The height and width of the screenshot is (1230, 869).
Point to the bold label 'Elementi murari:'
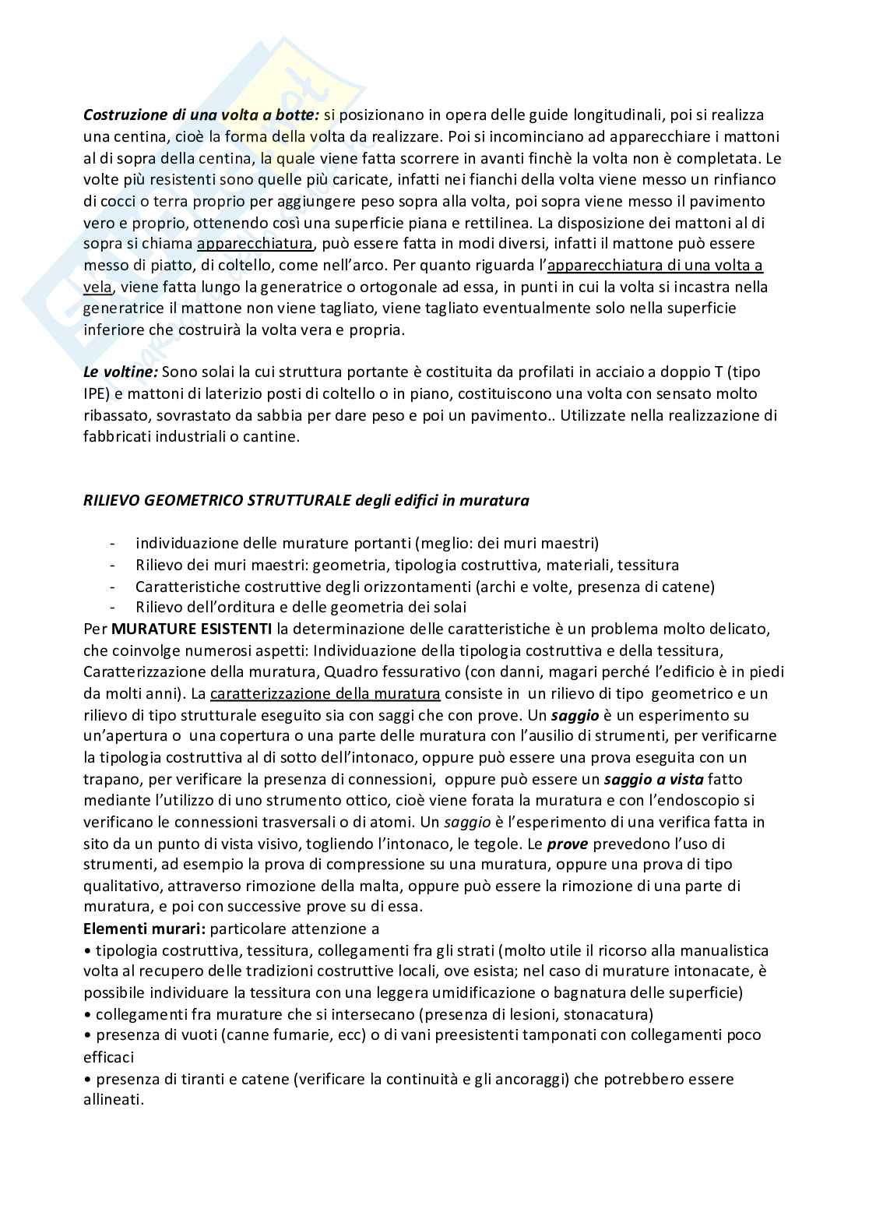[x=144, y=929]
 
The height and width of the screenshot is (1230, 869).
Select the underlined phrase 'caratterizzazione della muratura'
[x=325, y=693]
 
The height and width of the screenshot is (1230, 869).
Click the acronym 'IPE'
[x=97, y=394]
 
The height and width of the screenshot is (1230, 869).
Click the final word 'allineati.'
[x=114, y=1101]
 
